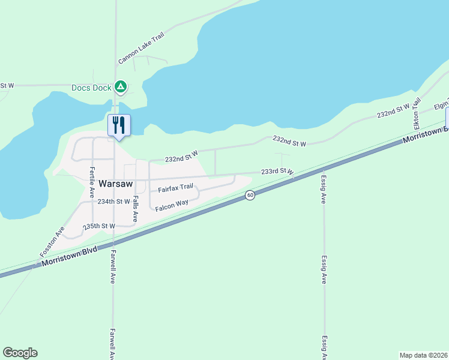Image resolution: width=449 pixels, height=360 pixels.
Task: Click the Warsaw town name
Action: tap(115, 184)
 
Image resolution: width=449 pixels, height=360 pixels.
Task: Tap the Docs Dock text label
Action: tap(91, 88)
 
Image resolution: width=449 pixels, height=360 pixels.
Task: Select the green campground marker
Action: tap(121, 88)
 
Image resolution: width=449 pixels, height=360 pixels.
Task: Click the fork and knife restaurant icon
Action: tap(119, 125)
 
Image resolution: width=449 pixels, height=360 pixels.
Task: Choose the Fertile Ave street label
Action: tap(92, 183)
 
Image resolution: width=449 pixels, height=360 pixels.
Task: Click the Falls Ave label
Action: tap(136, 209)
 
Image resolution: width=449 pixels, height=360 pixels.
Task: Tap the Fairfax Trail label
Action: tap(175, 188)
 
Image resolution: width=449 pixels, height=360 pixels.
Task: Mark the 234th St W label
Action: tap(113, 202)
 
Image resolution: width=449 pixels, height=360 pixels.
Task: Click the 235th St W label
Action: tap(99, 226)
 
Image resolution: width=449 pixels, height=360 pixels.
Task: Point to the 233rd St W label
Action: tap(277, 172)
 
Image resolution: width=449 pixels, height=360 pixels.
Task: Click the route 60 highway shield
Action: tap(250, 195)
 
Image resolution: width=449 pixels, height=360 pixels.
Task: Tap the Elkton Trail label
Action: tap(417, 113)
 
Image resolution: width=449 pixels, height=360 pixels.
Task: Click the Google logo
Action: tap(20, 353)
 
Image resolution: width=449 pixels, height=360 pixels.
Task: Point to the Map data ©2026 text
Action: tap(423, 355)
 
